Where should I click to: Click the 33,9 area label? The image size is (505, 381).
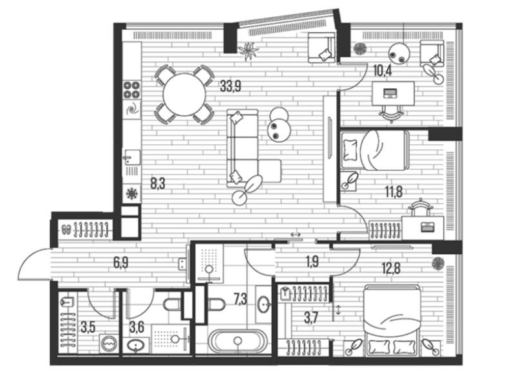click(231, 86)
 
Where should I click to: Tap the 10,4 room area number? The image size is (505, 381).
click(383, 71)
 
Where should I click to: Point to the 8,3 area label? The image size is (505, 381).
click(158, 184)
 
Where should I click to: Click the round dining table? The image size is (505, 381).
click(184, 95)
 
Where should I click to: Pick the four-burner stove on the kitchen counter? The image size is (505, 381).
click(132, 89)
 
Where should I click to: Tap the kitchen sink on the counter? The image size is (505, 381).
click(132, 157)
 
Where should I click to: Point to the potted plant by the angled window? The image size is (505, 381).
click(249, 50)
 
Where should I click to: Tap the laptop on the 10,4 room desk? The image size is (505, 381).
click(390, 94)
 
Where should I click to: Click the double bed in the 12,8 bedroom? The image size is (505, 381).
click(392, 321)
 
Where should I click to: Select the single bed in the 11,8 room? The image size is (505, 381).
click(375, 151)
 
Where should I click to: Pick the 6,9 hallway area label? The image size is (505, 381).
click(121, 263)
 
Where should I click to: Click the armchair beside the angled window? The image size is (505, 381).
click(321, 48)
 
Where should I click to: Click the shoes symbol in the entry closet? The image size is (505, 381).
click(67, 229)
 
